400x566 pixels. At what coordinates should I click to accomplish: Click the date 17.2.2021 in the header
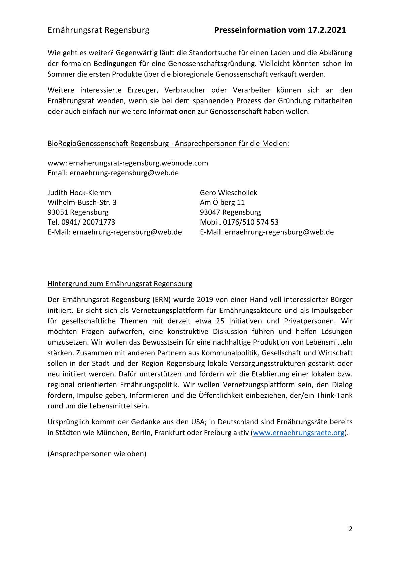[x=327, y=30]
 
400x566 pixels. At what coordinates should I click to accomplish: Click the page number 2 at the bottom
[x=351, y=529]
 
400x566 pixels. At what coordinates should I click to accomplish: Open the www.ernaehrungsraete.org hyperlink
[x=298, y=433]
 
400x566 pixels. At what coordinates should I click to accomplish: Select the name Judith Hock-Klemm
[x=79, y=193]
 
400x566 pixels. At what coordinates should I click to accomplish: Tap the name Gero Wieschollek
[x=229, y=193]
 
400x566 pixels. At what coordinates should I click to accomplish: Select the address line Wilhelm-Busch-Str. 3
[x=82, y=202]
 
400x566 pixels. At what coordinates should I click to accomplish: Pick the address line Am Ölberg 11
[x=222, y=202]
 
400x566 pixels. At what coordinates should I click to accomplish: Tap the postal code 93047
[x=210, y=212]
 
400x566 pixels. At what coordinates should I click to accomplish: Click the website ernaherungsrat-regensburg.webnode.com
[x=138, y=163]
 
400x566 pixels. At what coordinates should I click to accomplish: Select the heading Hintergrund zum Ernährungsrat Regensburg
[x=120, y=284]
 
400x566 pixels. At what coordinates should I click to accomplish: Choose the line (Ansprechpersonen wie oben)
[x=97, y=454]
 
